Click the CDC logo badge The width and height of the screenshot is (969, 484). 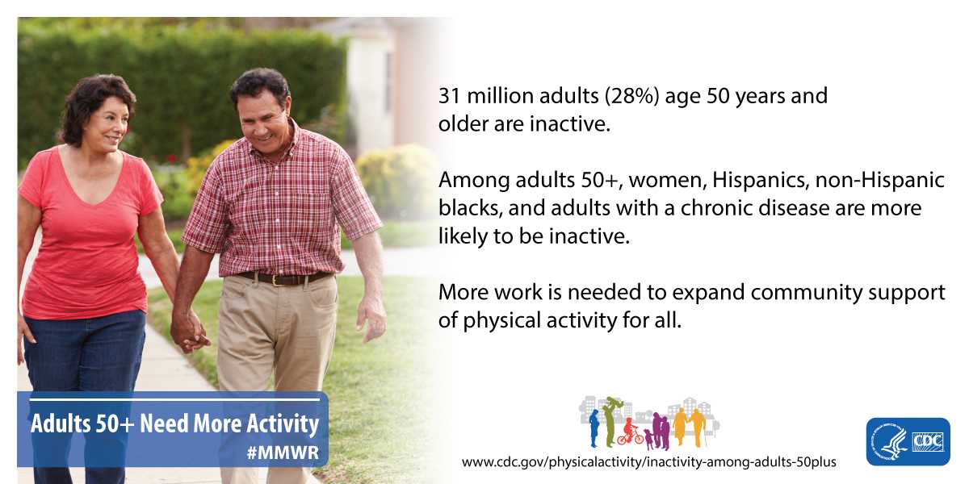908,441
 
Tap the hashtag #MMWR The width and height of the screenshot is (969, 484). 283,453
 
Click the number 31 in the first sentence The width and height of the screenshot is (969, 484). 449,95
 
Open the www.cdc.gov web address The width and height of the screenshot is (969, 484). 649,462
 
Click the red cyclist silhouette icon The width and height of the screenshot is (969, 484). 630,432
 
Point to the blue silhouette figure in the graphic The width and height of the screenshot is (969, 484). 594,428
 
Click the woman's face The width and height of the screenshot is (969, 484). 111,124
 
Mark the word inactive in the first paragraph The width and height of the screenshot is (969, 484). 570,123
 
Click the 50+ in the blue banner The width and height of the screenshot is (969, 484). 115,423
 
